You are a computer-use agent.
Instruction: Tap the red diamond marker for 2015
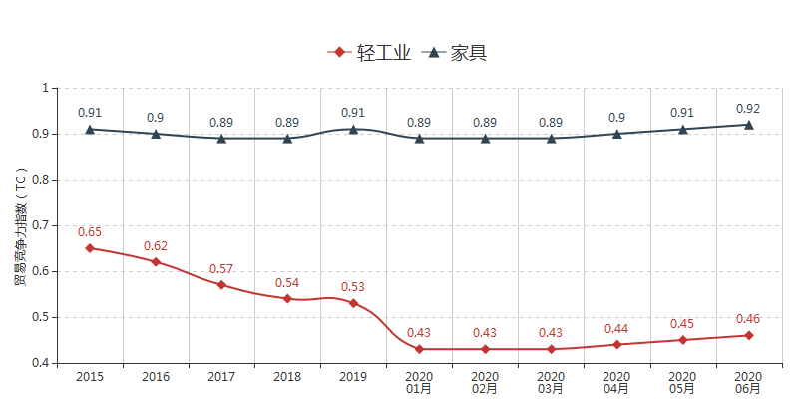coord(90,248)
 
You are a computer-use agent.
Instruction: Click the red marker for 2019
coord(353,303)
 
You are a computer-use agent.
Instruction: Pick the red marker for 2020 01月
coord(419,349)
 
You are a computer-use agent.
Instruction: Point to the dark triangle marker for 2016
coord(156,133)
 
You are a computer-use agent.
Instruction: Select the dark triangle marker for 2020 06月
coord(748,124)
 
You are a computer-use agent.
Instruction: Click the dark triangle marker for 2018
coord(287,138)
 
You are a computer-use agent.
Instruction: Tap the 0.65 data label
coord(90,232)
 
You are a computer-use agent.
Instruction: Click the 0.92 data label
coord(748,108)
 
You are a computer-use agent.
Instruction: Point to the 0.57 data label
coord(221,269)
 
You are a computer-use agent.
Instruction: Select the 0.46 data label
coord(748,319)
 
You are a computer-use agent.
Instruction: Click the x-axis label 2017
coord(221,377)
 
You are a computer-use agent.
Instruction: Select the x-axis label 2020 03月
coord(551,383)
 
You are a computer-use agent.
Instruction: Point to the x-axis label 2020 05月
coord(682,383)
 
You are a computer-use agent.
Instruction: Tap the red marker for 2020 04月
coord(616,344)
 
